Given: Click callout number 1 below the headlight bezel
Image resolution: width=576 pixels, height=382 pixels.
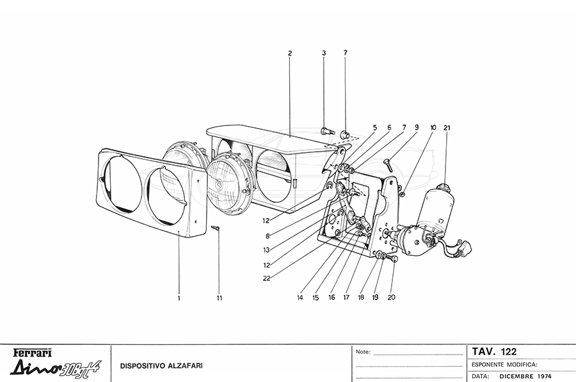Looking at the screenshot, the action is click(179, 298).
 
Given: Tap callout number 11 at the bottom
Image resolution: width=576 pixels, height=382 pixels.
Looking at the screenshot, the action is click(220, 298).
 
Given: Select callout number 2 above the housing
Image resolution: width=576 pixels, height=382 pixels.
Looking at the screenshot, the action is click(290, 53).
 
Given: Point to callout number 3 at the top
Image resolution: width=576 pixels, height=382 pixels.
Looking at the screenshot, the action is click(324, 53).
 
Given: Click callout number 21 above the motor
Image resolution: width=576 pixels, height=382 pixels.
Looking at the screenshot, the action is click(447, 128).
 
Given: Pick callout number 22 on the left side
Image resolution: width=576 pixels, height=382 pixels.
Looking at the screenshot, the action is click(267, 278).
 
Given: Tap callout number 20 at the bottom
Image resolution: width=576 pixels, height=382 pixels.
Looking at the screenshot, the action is click(391, 297).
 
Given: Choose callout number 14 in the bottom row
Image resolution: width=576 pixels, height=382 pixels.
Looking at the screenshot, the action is click(300, 298).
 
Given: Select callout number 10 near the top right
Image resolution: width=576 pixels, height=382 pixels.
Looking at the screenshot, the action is click(433, 128).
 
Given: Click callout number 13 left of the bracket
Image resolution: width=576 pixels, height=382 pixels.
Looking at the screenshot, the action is click(266, 250).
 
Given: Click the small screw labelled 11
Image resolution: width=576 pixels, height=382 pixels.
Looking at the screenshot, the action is click(216, 228).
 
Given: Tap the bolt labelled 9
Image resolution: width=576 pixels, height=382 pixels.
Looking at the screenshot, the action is click(388, 165).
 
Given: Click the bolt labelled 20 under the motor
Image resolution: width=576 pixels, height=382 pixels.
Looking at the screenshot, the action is click(393, 259).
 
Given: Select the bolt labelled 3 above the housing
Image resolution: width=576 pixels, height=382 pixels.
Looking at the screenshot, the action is click(328, 131).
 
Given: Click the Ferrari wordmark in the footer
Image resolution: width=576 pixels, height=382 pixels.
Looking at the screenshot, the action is click(33, 353).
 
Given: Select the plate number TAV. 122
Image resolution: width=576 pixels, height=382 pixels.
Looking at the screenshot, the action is click(495, 351).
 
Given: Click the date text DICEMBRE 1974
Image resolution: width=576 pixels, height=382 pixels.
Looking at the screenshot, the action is click(525, 376).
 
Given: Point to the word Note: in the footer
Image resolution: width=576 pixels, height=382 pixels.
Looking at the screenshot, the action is click(364, 352).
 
